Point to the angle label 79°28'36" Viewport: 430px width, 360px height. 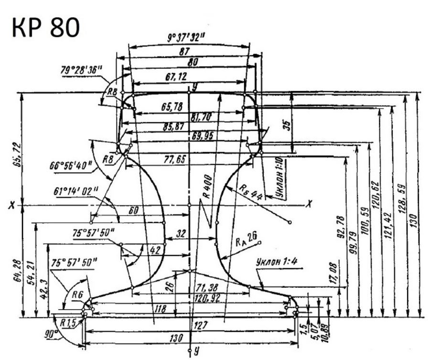click(82, 70)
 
